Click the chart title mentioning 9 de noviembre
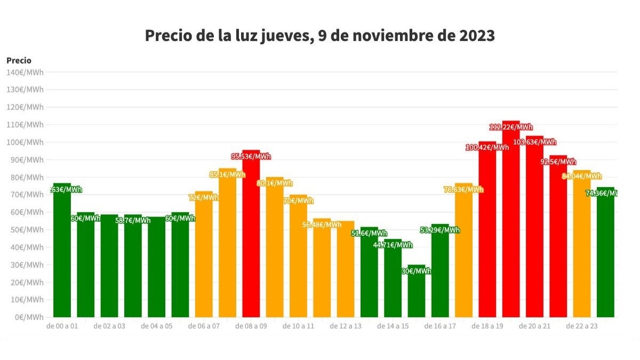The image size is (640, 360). (x=320, y=36)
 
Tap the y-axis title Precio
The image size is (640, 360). (x=19, y=61)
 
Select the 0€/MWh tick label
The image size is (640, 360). (x=26, y=317)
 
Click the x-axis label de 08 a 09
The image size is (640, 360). (x=251, y=326)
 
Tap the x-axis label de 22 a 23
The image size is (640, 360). (x=581, y=326)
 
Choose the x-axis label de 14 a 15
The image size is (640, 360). (x=393, y=326)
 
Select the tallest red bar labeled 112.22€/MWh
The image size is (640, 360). (x=511, y=224)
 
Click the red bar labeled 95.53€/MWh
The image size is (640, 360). (x=251, y=240)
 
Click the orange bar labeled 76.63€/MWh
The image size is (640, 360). (x=463, y=256)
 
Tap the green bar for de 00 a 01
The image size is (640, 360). (x=62, y=256)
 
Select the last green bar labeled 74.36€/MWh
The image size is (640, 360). (x=605, y=256)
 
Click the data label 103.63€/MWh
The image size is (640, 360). (x=534, y=142)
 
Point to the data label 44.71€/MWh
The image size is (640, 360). (x=393, y=245)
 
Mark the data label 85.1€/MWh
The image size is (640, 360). (x=228, y=174)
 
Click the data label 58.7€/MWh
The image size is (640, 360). (x=133, y=220)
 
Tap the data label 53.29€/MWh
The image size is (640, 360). (x=440, y=230)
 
